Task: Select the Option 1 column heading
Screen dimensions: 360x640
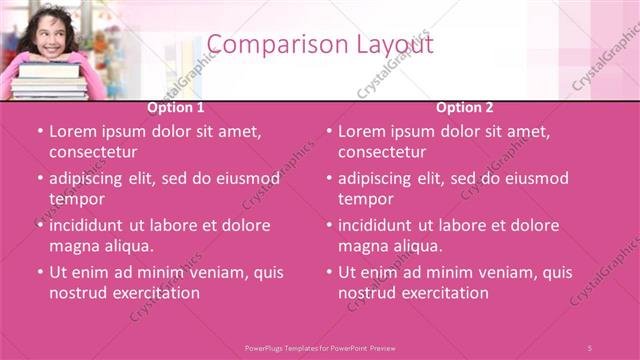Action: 176,108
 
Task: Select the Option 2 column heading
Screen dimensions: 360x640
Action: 464,108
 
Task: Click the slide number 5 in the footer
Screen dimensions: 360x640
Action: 590,347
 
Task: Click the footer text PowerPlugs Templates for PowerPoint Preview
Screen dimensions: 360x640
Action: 320,347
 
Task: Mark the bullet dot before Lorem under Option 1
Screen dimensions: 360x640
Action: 39,131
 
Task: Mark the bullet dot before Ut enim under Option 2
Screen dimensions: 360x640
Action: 328,272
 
